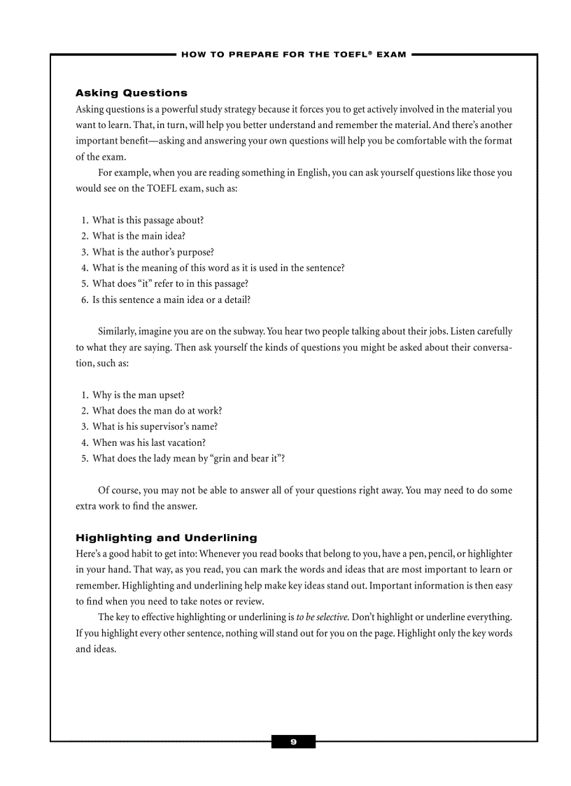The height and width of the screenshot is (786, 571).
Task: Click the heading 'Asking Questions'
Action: coord(131,93)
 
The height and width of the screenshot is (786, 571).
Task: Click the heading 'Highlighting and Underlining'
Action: coord(166,538)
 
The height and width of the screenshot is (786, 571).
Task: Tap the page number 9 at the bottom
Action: coord(293,742)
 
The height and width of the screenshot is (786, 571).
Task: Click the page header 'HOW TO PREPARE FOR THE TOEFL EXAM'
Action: coord(293,55)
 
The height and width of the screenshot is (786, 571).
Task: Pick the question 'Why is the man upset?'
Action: coord(138,395)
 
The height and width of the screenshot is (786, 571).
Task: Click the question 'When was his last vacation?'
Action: coord(148,442)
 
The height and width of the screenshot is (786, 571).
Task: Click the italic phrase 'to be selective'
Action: coord(322,617)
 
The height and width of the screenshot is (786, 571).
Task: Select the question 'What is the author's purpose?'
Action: coord(153,252)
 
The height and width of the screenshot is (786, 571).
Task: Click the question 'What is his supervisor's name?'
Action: coord(155,426)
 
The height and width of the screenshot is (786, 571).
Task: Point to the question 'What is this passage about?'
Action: coord(148,220)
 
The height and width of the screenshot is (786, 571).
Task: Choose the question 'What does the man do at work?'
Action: coord(157,411)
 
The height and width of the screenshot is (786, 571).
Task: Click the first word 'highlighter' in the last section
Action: coord(490,554)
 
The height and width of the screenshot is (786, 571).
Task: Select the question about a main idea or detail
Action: coord(171,300)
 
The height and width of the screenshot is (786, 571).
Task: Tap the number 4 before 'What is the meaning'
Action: coord(84,268)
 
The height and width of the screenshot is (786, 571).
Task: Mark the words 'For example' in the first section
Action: coord(122,173)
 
